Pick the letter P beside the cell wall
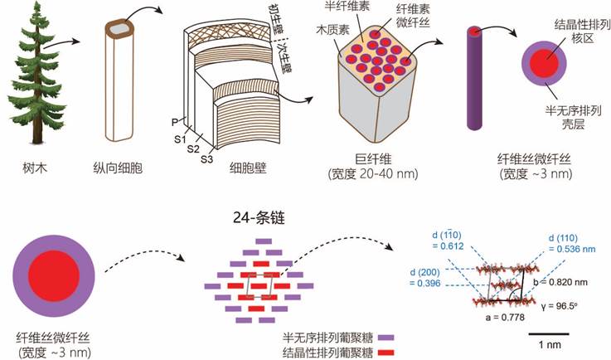click(x=175, y=123)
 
